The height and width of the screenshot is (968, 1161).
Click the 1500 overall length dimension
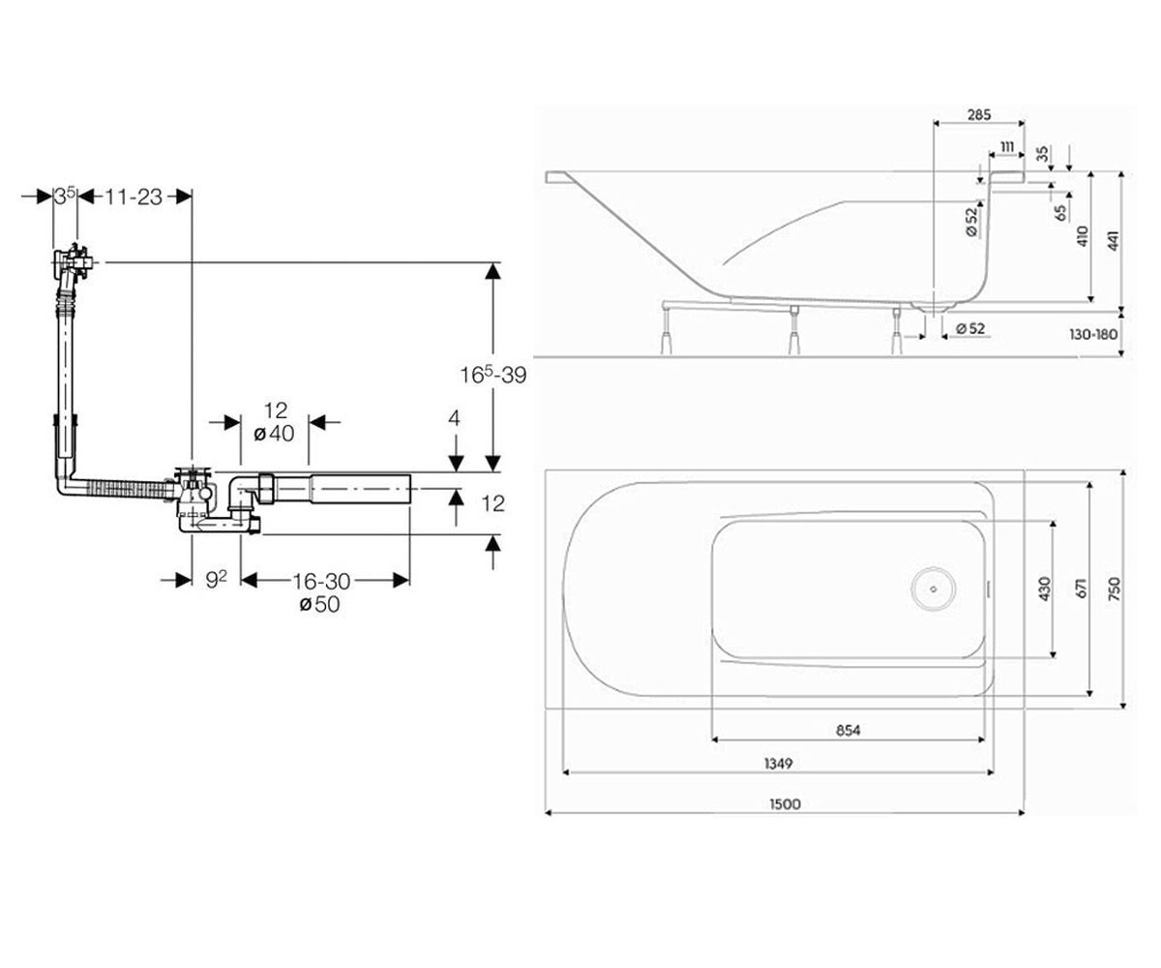click(785, 803)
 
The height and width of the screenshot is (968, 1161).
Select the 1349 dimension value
click(778, 764)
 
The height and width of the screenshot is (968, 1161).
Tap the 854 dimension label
click(848, 730)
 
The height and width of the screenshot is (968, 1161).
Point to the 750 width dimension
click(1115, 590)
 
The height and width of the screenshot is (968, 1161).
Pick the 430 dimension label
click(1044, 590)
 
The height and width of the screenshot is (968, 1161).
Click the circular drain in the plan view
click(935, 589)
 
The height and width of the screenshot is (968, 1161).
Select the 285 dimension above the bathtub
click(978, 114)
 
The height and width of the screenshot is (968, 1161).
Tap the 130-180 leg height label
click(1092, 334)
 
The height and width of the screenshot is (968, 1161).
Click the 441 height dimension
click(1114, 240)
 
